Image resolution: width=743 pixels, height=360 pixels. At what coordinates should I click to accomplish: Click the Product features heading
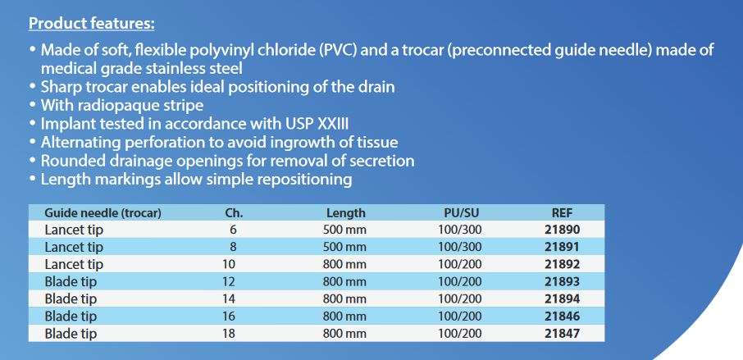tap(92, 23)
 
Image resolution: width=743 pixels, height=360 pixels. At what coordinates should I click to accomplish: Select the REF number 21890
tap(562, 230)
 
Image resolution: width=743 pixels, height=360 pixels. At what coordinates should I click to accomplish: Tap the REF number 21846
tap(562, 316)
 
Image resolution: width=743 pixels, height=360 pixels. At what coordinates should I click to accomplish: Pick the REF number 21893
tap(562, 281)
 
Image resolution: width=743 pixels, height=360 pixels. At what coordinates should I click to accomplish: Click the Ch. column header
tap(234, 213)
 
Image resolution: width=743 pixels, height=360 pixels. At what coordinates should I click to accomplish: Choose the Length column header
tap(345, 213)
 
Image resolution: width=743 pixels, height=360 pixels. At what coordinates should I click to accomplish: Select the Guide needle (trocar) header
tap(103, 213)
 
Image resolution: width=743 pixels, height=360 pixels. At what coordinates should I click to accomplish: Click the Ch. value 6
tap(233, 230)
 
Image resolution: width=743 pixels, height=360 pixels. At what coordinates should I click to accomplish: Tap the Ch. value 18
tap(229, 334)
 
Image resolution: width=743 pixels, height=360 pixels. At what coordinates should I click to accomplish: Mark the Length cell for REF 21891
tap(344, 248)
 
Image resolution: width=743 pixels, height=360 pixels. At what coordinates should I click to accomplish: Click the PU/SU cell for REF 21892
tap(459, 264)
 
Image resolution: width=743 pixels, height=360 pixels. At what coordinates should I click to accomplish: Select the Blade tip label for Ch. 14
tap(71, 298)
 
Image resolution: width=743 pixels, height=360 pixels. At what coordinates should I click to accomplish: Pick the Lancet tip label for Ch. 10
tap(74, 264)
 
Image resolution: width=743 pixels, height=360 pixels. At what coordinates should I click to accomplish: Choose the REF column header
tap(563, 213)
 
